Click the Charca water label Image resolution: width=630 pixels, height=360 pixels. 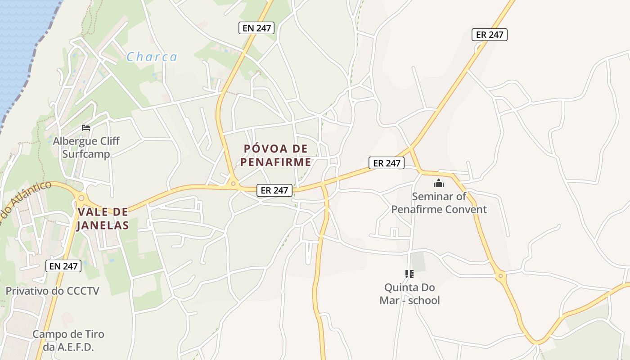[152, 57]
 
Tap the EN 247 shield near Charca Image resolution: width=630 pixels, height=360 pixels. [256, 28]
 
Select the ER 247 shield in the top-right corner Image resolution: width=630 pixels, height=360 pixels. [490, 35]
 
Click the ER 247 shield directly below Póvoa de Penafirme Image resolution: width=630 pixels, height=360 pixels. [274, 190]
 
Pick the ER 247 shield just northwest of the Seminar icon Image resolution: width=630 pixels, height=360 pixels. [387, 163]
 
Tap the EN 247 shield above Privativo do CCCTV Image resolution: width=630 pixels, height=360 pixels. [63, 266]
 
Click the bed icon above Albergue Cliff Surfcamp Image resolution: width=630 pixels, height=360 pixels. [86, 128]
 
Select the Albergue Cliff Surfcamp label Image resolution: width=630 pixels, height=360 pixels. [86, 147]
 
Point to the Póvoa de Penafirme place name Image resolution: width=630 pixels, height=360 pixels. [276, 155]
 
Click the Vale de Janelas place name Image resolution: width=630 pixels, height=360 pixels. [103, 218]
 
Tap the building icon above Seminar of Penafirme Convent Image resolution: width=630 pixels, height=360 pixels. [439, 183]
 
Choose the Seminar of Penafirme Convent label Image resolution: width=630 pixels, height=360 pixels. [439, 202]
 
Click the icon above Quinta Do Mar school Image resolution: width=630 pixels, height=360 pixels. [409, 274]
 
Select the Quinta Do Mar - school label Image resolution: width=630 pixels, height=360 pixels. [409, 293]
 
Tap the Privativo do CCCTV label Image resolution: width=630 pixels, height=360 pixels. [52, 291]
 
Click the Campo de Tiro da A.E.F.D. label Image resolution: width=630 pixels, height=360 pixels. [68, 341]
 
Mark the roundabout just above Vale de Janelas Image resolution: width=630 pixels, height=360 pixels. [81, 197]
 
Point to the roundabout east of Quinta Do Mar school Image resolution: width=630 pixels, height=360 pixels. [500, 275]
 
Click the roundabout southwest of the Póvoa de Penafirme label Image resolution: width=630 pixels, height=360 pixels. [233, 183]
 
